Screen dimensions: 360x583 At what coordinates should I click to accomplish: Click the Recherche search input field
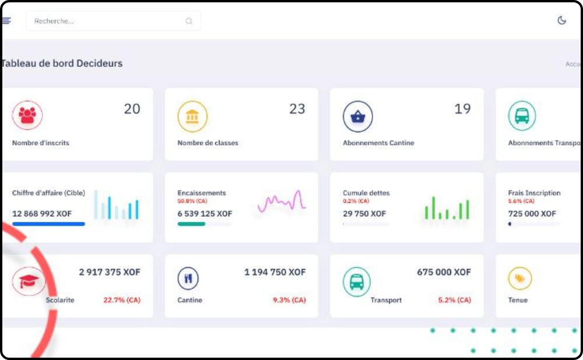pos(105,21)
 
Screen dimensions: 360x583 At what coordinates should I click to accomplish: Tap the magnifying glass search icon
pos(189,21)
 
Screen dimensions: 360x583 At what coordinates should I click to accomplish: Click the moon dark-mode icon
pos(562,20)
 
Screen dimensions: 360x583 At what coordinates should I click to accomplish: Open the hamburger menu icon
pos(6,20)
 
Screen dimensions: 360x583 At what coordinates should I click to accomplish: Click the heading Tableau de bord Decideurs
pos(62,63)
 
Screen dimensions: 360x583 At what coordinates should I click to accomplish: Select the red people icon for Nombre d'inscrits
pos(27,116)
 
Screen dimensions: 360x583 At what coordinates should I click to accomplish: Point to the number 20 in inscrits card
pos(132,109)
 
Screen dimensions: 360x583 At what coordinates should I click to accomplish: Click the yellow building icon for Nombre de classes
pos(192,116)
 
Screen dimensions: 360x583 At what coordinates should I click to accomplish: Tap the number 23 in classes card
pos(297,109)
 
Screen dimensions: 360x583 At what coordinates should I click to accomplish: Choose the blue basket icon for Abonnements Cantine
pos(357,116)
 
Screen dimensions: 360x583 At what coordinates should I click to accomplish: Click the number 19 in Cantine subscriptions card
pos(462,109)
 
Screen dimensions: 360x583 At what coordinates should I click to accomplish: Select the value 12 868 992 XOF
pos(42,214)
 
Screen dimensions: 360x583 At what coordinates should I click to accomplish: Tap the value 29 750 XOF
pos(364,214)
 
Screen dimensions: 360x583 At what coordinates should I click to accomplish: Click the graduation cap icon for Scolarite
pos(27,281)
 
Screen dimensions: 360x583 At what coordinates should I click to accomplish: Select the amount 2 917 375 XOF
pos(110,272)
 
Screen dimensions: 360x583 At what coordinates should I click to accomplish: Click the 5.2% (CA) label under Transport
pos(454,300)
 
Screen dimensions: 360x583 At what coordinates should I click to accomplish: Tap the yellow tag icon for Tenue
pos(519,279)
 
